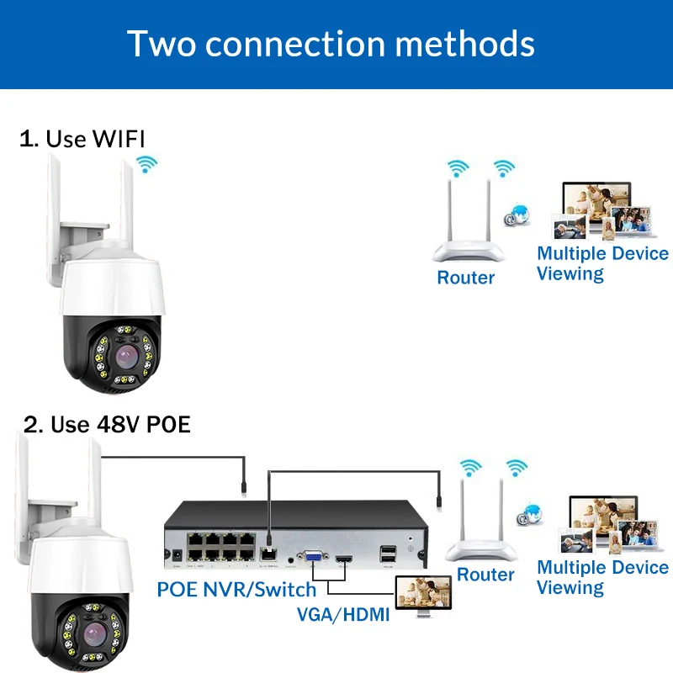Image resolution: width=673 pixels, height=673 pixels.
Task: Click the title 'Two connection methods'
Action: point(331,44)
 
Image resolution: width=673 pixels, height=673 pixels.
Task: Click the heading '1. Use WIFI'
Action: point(87,139)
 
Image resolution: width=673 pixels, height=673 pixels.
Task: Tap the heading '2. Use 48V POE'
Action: point(107,423)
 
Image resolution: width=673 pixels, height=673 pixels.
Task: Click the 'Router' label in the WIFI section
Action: point(465,277)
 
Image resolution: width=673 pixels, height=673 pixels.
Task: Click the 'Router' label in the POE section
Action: point(485,575)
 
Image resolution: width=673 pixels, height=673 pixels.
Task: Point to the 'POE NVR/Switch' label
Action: point(236,588)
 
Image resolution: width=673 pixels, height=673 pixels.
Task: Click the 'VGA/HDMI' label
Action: point(343,614)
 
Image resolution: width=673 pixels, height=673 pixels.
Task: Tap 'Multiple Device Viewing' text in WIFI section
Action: point(602,263)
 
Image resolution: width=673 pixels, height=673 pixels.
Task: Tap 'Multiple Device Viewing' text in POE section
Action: point(602,577)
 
